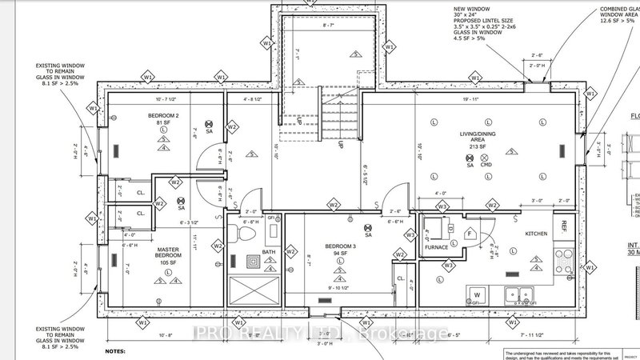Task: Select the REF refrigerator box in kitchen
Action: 564,226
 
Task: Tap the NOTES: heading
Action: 117,350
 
